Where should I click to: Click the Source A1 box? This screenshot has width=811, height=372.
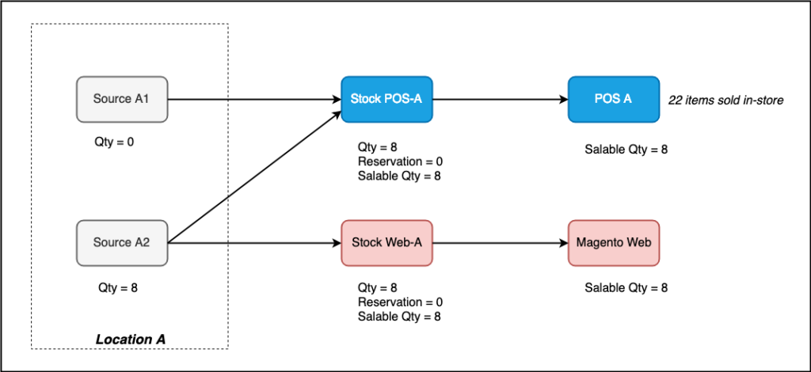coord(122,99)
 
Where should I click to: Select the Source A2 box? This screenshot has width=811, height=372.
coord(122,242)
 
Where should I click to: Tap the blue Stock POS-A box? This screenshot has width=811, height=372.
coord(386,99)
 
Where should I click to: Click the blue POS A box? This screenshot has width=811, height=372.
coord(613,99)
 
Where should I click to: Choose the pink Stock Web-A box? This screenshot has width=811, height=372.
coord(386,242)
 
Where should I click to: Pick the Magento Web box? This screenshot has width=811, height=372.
coord(613,242)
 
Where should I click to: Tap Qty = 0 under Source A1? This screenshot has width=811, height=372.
coord(116,145)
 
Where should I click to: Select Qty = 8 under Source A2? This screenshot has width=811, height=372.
coord(118,288)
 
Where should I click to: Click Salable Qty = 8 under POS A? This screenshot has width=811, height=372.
coord(626,149)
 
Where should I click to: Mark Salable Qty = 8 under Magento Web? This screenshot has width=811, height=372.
coord(626,288)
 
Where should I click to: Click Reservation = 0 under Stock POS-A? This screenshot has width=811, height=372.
coord(400,162)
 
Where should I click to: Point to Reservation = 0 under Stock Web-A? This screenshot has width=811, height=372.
coord(400,302)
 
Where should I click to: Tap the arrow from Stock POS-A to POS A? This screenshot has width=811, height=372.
coord(500,100)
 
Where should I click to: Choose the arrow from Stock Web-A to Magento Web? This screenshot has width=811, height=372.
coord(500,242)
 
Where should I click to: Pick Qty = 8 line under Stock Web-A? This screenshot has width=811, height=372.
coord(377,288)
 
